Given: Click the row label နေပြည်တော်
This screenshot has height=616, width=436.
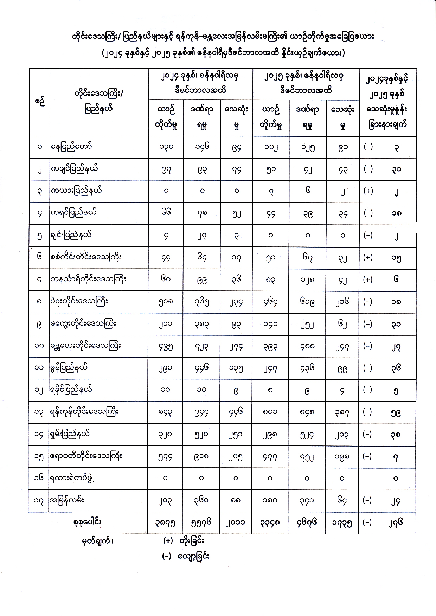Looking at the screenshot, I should click(x=71, y=147).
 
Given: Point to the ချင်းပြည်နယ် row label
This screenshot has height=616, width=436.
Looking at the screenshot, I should click(x=71, y=235).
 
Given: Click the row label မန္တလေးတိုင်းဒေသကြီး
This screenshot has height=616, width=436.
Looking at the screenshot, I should click(x=86, y=346).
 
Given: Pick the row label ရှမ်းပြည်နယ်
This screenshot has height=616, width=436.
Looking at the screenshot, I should click(x=70, y=434).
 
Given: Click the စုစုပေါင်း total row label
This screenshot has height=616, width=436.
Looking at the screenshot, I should click(x=88, y=522).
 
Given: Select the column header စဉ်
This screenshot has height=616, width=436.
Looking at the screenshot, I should click(x=39, y=102).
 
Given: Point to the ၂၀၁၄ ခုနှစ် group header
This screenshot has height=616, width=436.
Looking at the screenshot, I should click(x=200, y=83).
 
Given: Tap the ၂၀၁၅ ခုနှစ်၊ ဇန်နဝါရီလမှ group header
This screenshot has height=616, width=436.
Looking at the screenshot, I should click(x=306, y=83).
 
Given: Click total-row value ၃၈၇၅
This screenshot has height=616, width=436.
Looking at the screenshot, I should click(x=165, y=523).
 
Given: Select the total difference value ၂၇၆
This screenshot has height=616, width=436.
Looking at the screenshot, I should click(x=396, y=523).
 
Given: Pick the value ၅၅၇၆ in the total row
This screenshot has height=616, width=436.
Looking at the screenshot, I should click(x=201, y=523).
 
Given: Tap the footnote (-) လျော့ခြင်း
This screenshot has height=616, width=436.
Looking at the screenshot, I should click(x=186, y=556).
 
